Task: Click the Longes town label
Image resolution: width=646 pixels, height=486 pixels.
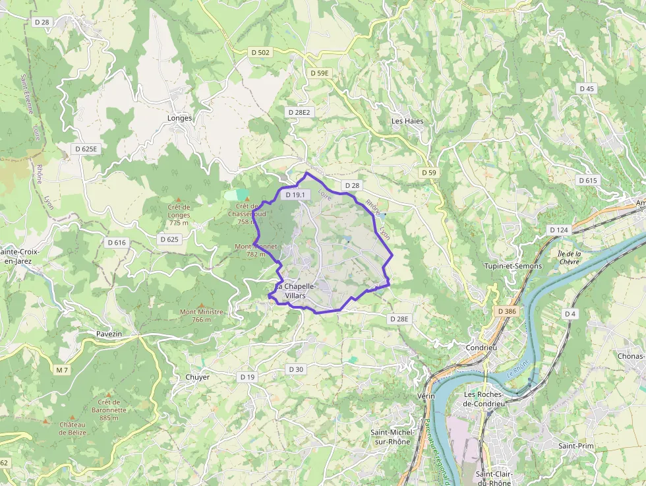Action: tap(180, 118)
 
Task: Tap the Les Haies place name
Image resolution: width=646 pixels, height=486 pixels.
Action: tap(407, 121)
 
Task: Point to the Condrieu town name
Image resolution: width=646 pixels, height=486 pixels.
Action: tap(481, 348)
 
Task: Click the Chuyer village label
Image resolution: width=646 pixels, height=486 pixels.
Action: tap(197, 377)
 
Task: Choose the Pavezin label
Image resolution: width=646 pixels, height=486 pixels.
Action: tap(109, 334)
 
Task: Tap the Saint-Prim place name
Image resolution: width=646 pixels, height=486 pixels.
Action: tap(576, 446)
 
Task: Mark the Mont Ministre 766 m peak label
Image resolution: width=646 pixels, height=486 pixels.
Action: tap(202, 316)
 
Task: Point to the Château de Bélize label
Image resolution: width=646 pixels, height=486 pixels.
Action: tap(72, 429)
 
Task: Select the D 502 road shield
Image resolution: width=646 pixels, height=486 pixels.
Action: tap(260, 52)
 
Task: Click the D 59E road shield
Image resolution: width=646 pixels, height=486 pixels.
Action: tap(319, 73)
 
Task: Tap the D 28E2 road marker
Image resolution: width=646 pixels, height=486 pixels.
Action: tap(299, 112)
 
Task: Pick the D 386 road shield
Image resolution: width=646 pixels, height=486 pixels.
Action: tap(507, 311)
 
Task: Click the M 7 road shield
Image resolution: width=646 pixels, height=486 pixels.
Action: tap(62, 370)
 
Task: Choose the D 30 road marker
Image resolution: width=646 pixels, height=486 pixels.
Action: tap(296, 369)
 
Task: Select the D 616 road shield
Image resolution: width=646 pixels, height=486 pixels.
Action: tap(116, 243)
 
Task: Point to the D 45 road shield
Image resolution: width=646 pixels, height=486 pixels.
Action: tap(586, 88)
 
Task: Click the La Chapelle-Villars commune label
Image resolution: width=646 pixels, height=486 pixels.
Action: tap(296, 291)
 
